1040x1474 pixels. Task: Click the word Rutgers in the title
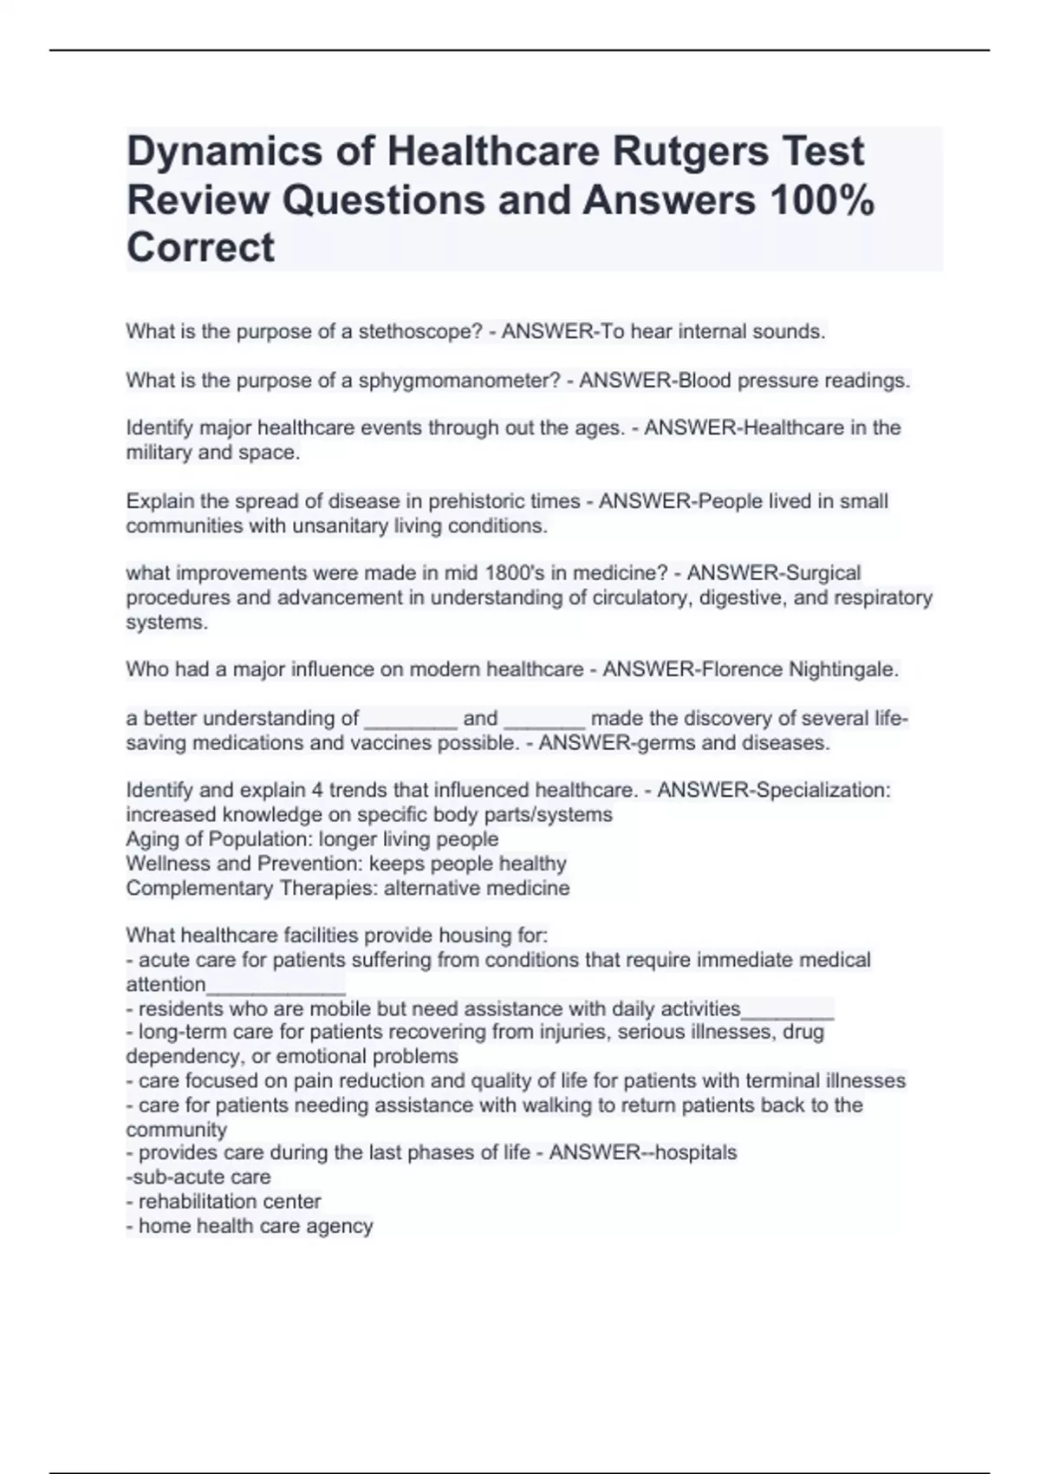tap(691, 152)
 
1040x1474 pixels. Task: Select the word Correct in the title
tap(200, 248)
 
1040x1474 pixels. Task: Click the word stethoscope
tap(420, 331)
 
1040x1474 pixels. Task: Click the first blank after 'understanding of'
tap(411, 720)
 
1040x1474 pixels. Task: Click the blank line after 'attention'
tap(276, 986)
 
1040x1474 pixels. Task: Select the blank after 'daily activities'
tap(788, 1010)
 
